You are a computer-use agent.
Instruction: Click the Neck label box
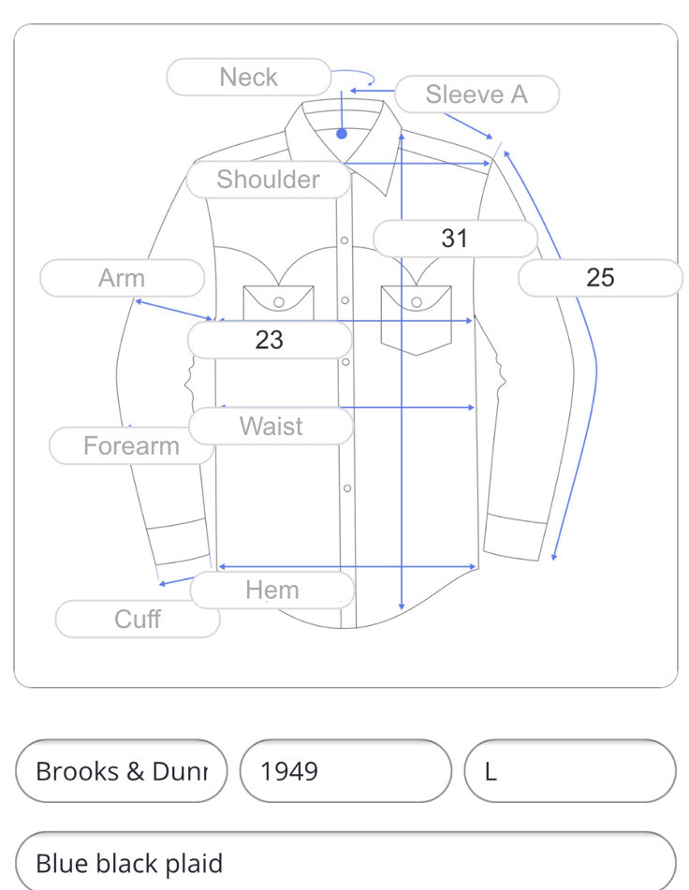(248, 77)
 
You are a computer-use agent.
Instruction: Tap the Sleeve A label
(476, 95)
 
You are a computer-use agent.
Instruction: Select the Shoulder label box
(268, 180)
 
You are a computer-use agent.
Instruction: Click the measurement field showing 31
(455, 239)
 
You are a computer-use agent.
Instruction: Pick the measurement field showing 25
(600, 278)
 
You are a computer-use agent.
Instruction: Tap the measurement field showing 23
(270, 340)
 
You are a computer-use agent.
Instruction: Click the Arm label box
(122, 278)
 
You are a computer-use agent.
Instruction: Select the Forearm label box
(131, 445)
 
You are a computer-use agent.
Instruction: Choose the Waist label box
(271, 427)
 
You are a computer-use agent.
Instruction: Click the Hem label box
(272, 591)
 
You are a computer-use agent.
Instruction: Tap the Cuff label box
(138, 619)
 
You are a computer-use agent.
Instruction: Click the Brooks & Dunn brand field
(122, 771)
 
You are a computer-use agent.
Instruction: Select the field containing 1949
(345, 771)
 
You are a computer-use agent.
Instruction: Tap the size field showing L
(569, 771)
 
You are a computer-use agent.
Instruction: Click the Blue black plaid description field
(344, 862)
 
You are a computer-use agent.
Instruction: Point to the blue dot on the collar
(342, 134)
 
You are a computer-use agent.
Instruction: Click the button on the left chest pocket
(278, 301)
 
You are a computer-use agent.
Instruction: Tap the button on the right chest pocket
(417, 301)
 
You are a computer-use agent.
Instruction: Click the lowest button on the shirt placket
(347, 488)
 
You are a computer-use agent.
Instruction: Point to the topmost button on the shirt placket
(344, 241)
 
